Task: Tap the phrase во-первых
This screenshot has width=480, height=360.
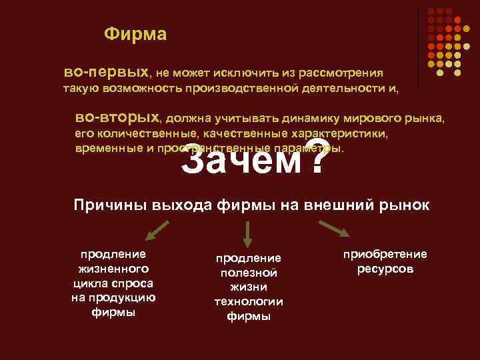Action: pyautogui.click(x=107, y=70)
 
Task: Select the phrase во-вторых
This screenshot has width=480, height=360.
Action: pyautogui.click(x=118, y=118)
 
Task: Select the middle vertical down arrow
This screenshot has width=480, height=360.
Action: pyautogui.click(x=247, y=234)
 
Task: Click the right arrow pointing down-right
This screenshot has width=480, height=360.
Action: pyautogui.click(x=335, y=229)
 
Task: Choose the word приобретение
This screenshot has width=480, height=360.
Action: pyautogui.click(x=385, y=254)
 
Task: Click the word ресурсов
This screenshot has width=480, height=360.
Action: pyautogui.click(x=385, y=269)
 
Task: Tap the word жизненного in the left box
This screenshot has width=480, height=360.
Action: pyautogui.click(x=113, y=269)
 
